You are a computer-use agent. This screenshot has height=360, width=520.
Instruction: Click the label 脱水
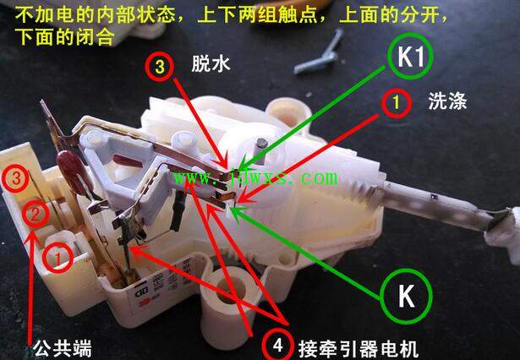click(x=211, y=63)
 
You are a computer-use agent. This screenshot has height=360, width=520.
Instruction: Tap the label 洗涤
click(x=447, y=101)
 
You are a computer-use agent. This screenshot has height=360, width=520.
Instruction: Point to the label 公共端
click(x=62, y=348)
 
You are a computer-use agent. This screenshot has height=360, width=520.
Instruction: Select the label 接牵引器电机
click(x=359, y=349)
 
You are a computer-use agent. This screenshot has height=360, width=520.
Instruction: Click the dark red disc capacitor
click(x=71, y=172)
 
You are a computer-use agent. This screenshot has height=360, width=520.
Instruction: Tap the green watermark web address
click(x=255, y=178)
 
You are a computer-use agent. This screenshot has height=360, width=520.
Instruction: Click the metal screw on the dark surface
click(x=320, y=53)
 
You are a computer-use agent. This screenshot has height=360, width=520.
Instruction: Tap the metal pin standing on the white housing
click(x=260, y=151)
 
